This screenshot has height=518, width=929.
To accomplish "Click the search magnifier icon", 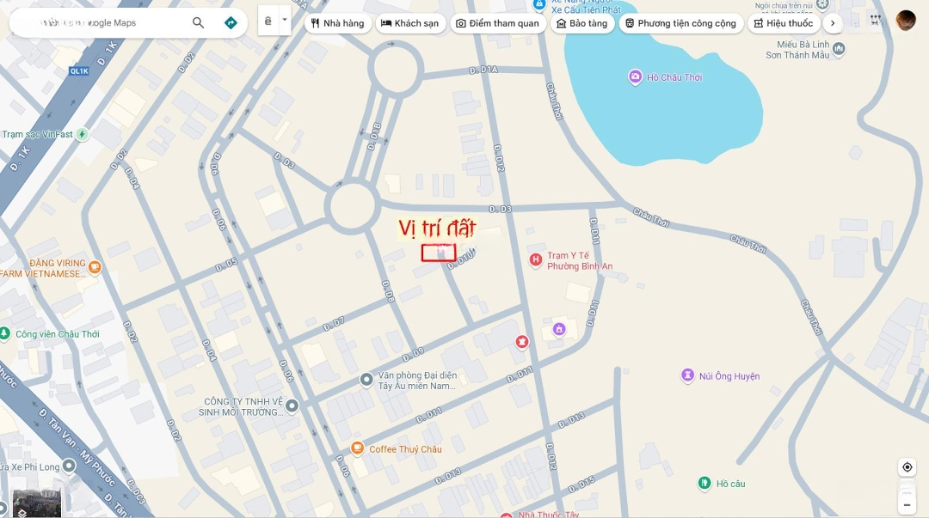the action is [199, 23].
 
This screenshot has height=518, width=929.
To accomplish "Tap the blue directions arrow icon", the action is [231, 23].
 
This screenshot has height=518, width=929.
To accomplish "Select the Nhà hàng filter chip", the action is [337, 23].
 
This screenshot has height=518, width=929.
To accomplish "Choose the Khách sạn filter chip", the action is [409, 23].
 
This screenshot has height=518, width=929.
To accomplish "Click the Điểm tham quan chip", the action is [497, 23].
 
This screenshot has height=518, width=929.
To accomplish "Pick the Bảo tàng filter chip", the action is [581, 23].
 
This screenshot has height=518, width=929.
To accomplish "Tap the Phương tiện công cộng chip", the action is [680, 23].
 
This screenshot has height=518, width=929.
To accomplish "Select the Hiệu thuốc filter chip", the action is [783, 23].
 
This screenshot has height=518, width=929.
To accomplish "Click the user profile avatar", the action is [906, 21].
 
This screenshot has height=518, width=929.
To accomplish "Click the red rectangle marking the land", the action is [439, 253].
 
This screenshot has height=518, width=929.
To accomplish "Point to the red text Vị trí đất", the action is [437, 228].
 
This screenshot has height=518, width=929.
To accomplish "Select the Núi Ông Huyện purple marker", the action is [687, 375].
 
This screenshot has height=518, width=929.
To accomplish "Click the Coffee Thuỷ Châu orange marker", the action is [358, 448].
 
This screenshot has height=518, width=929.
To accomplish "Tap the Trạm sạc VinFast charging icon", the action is [83, 134].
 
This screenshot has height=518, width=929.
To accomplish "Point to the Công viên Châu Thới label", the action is [57, 334].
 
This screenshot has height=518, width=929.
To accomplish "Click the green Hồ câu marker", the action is [704, 484].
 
